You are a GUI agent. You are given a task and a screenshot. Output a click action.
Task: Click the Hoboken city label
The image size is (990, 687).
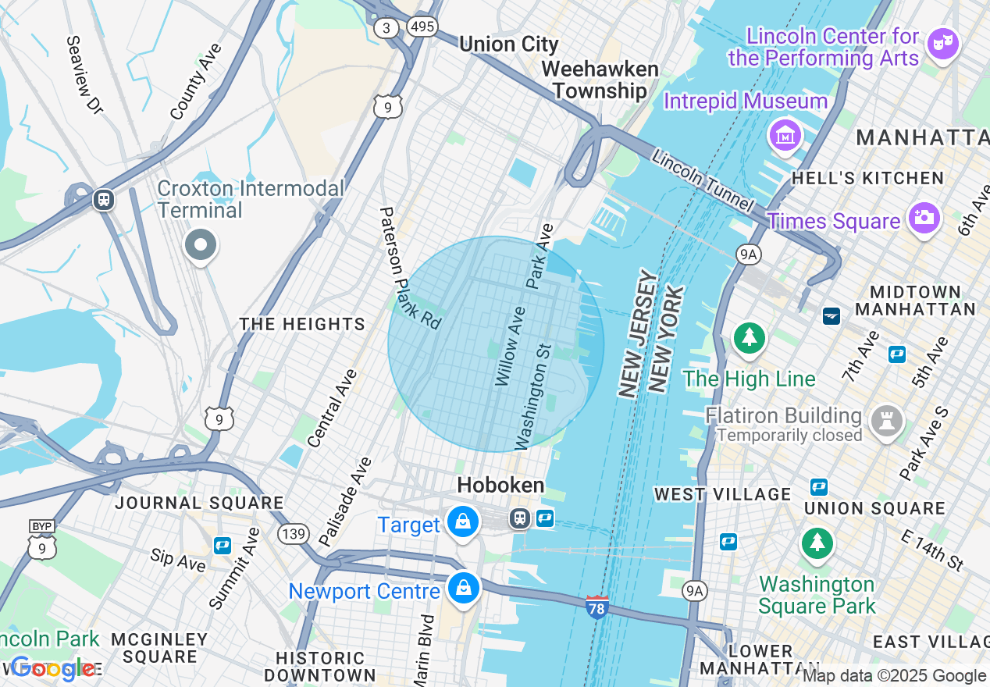[500, 485]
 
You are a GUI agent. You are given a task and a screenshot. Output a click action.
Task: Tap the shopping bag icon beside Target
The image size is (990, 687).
[463, 521]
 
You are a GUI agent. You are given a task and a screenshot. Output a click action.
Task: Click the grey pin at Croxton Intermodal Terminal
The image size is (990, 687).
[201, 245]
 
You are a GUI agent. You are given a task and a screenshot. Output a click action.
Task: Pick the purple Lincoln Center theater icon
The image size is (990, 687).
[942, 44]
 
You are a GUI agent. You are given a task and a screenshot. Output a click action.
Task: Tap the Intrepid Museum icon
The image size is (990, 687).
[786, 135]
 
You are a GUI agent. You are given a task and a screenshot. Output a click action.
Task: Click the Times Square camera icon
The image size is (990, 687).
[923, 218]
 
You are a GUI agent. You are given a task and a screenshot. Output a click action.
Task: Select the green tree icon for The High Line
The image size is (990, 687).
[750, 338]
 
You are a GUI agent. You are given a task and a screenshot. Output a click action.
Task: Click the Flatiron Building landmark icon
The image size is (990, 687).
[887, 421]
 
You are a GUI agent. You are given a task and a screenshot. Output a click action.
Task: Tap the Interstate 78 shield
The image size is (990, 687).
[596, 607]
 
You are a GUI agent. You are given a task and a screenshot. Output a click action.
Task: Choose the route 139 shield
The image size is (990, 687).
[291, 534]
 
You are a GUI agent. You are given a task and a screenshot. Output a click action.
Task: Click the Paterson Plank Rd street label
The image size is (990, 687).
[410, 266]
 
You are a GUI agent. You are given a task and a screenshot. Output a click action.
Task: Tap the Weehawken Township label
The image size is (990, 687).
[600, 80]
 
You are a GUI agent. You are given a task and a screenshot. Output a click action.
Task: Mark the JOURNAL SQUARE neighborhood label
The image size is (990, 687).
[199, 503]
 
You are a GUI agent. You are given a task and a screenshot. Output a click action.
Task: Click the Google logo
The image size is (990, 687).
[53, 668]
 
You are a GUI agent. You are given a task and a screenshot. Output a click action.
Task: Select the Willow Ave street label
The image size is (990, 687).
[511, 346]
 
